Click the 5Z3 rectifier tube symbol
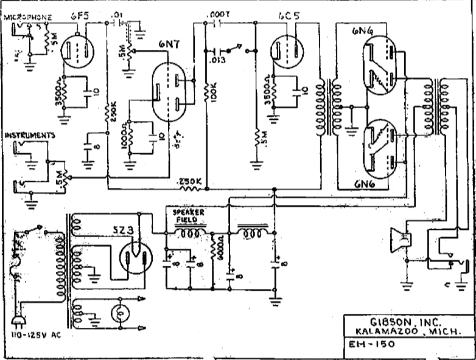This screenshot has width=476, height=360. click(136, 256)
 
